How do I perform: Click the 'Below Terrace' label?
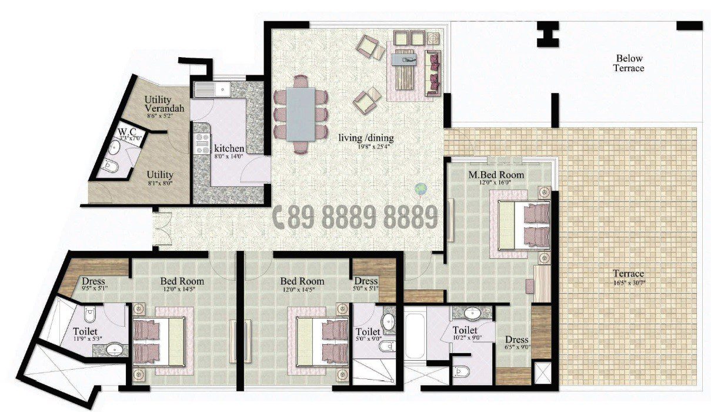click(629, 63)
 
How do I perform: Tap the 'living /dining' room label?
click(366, 138)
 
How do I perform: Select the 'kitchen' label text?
click(229, 148)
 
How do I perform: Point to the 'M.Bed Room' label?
click(496, 175)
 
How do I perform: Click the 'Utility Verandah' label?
click(165, 104)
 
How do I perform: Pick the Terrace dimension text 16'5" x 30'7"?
click(629, 283)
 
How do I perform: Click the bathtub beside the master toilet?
click(415, 334)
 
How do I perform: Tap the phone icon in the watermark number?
click(281, 218)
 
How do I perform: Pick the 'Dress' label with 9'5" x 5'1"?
click(94, 281)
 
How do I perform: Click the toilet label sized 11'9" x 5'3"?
click(85, 332)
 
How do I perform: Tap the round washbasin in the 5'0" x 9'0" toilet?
click(389, 322)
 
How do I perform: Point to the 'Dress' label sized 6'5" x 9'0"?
click(517, 340)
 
